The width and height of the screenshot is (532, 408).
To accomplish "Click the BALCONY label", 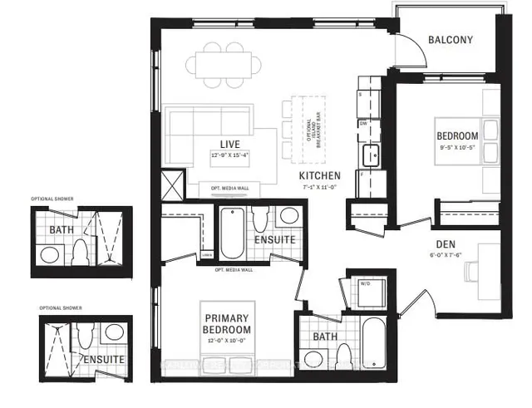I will click(450, 40).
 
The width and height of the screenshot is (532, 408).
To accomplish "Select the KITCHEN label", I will click(320, 176).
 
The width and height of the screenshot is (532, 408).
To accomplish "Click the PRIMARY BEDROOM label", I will click(228, 322).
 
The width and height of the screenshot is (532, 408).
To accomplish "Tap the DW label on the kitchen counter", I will click(363, 123).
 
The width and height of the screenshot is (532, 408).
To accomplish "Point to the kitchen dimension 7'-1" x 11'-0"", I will click(320, 187).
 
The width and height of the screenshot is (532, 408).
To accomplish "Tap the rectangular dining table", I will click(223, 64).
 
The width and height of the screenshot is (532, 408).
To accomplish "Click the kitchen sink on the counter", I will click(370, 153).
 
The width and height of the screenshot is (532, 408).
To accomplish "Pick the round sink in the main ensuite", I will click(288, 216).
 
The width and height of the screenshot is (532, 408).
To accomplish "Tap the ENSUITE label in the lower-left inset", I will click(103, 359).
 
